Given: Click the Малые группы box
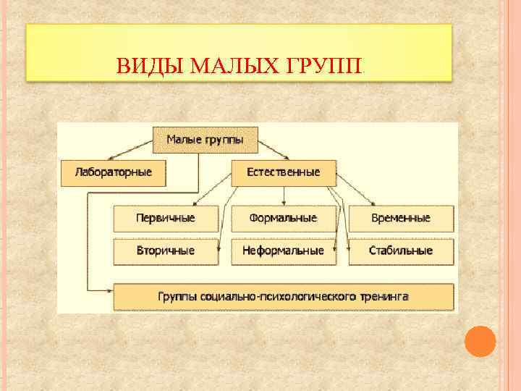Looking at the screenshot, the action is [x=205, y=139].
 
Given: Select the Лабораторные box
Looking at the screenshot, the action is [x=114, y=173].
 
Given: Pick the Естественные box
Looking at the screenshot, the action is [x=284, y=173].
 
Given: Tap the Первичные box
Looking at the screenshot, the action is [x=166, y=218].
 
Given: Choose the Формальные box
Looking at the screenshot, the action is [x=284, y=218].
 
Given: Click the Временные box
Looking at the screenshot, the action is [x=401, y=218].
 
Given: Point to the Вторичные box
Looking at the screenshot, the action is [x=166, y=251].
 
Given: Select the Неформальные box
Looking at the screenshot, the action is [x=284, y=251].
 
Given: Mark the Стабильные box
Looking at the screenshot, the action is [x=401, y=251].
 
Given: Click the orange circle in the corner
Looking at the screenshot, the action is [x=479, y=341].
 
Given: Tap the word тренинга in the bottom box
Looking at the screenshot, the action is [x=386, y=297].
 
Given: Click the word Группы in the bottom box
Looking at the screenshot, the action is [x=177, y=297].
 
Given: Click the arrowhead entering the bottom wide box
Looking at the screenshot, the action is [x=110, y=289].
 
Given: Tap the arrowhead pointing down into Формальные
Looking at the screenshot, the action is [x=284, y=203].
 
